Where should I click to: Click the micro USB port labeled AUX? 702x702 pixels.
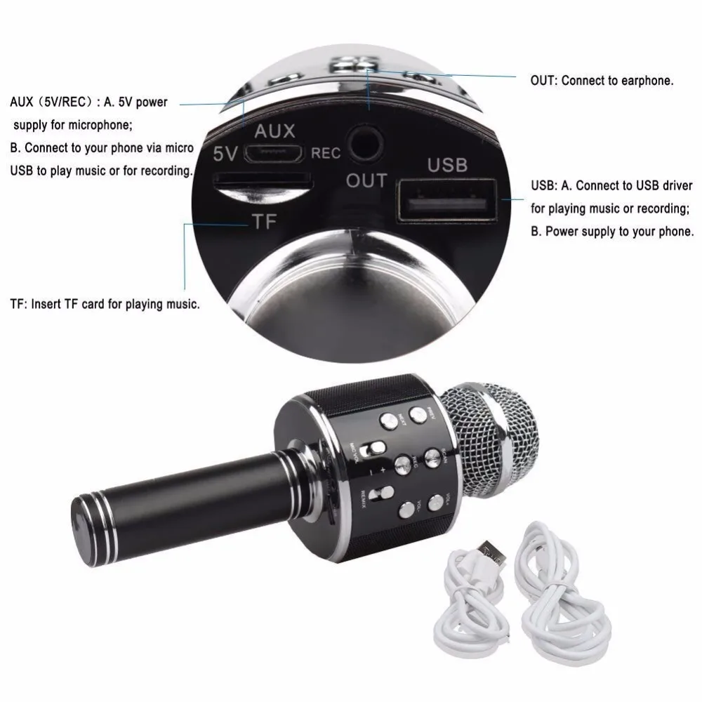279,152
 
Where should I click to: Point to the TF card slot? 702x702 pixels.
262,180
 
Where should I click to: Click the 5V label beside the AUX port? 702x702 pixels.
226,153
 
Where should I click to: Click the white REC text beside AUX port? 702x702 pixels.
326,153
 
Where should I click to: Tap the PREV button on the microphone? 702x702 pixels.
419,415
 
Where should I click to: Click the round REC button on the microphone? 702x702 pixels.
403,463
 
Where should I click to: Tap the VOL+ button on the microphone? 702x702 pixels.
436,501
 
